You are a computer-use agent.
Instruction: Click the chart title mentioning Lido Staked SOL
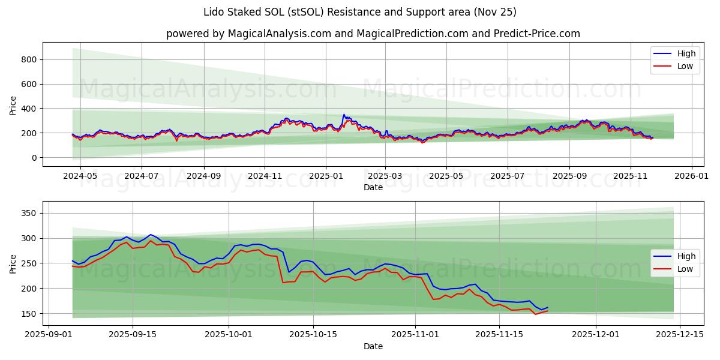[x=360, y=12]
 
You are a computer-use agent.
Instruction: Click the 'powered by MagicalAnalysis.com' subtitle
[x=373, y=34]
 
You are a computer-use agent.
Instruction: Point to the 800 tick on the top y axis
[x=29, y=59]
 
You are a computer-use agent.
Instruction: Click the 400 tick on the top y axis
[x=29, y=109]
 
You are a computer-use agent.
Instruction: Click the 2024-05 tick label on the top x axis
[x=80, y=177]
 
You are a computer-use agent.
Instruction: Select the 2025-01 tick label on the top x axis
[x=326, y=177]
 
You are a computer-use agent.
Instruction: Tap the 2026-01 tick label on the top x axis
[x=692, y=177]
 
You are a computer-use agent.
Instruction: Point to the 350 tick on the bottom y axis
[x=29, y=214]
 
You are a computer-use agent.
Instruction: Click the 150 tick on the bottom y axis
[x=29, y=314]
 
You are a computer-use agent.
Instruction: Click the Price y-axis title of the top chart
[x=13, y=105]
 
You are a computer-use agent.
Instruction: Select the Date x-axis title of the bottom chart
[x=373, y=346]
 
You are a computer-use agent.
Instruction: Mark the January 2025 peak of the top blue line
[x=344, y=115]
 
